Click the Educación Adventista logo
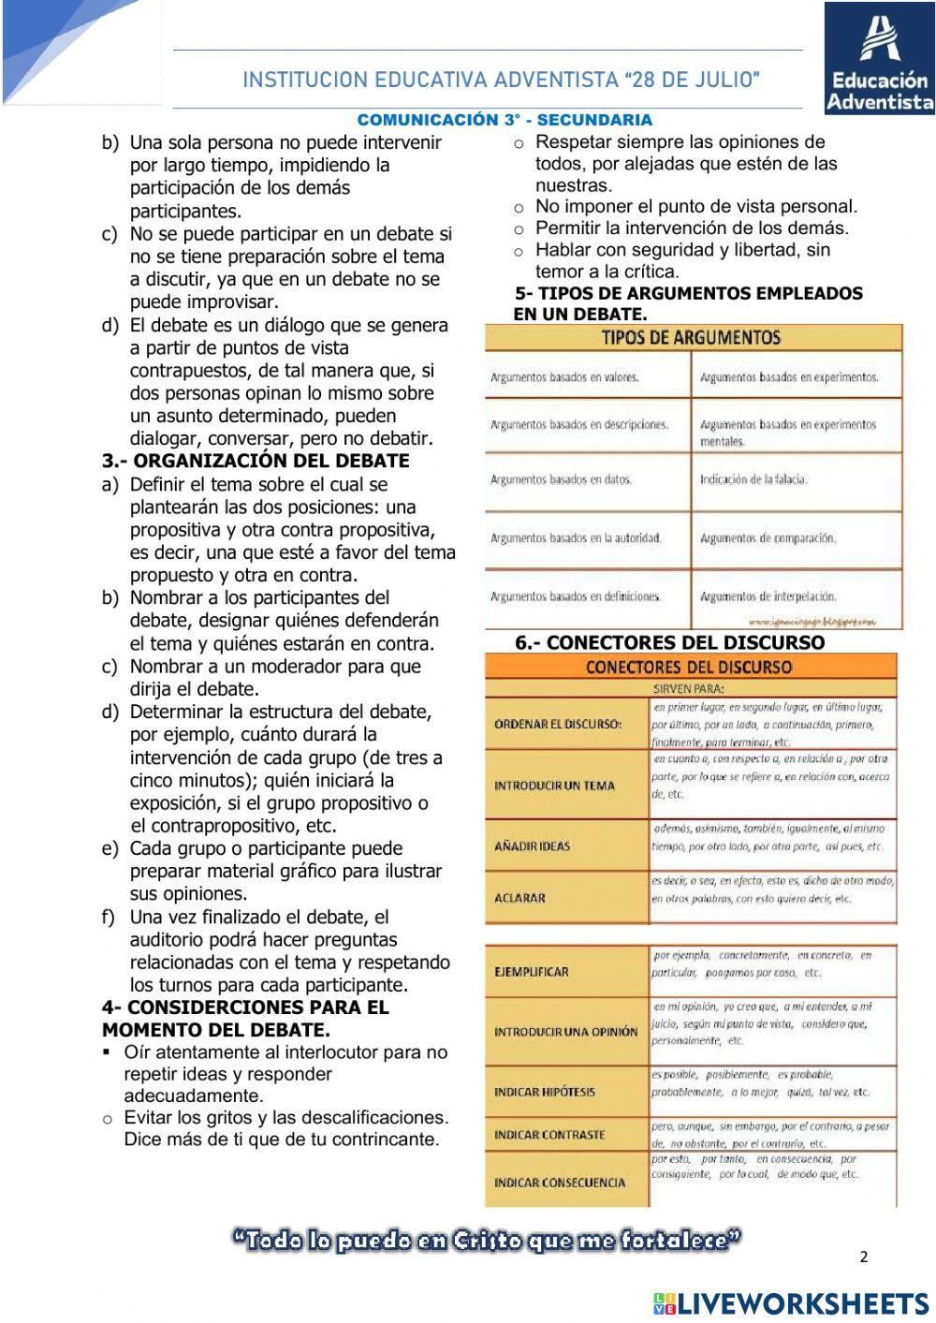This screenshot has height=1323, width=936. coord(879,58)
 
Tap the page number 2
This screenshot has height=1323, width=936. coord(863,1257)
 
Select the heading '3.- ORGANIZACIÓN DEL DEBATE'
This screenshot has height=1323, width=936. coord(256,461)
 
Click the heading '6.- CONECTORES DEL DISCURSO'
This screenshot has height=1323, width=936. coord(669,642)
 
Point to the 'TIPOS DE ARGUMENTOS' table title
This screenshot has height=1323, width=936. coord(690,337)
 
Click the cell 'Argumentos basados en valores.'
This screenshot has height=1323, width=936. coord(564,377)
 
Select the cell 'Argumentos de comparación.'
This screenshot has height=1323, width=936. coord(768,538)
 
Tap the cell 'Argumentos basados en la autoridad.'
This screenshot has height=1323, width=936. coord(576,538)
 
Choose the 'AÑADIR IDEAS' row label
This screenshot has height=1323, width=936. coord(532,846)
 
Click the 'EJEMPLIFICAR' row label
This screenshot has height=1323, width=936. coord(531,972)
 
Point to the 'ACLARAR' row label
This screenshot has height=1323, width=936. coord(519,898)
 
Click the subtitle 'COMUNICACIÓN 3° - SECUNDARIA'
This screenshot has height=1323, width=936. coord(505,120)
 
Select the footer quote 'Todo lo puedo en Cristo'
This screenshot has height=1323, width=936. coord(487,1241)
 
